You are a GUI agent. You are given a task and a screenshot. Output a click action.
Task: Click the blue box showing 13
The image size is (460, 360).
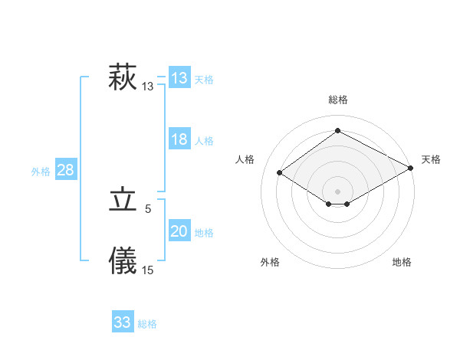point(179,77)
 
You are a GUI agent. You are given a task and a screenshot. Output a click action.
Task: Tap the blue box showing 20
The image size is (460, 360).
point(179,231)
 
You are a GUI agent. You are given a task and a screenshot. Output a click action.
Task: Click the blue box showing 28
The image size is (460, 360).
point(65,169)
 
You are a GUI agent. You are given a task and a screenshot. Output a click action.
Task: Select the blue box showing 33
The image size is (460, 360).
point(123,322)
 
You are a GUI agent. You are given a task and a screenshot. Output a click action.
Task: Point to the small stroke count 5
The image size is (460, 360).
point(148,208)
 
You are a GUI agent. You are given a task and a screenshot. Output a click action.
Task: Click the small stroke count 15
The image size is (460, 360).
point(148,269)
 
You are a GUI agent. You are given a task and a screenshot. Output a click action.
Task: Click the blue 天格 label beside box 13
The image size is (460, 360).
point(204,80)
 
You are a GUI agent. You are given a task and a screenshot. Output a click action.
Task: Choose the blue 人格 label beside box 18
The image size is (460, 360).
point(204,141)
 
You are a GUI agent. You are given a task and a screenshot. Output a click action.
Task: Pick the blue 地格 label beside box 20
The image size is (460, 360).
point(204,233)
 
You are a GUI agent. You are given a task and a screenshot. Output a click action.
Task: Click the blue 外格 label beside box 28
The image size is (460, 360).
point(41,172)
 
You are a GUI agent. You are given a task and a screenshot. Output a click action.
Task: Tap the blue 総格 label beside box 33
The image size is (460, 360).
point(147,325)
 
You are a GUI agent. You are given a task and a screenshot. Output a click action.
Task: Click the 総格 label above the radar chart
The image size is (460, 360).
point(337,100)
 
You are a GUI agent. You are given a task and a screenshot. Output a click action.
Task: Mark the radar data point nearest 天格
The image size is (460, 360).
point(410,169)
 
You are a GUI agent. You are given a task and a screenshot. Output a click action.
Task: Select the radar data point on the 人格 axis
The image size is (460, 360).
point(280,172)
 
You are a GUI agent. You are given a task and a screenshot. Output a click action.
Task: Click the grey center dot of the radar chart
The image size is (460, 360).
point(337,191)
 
